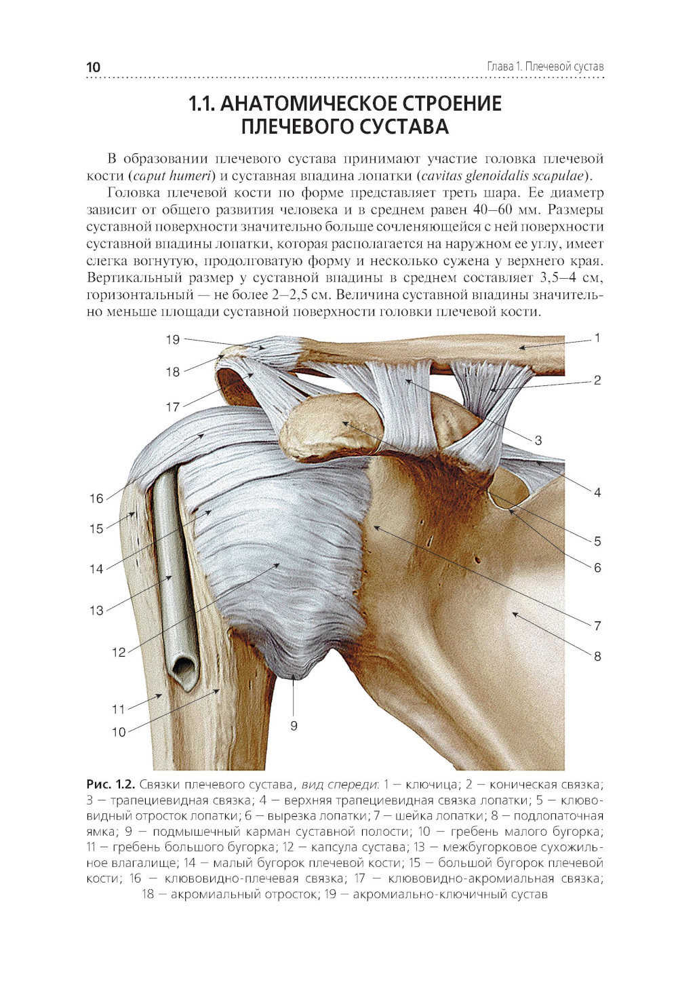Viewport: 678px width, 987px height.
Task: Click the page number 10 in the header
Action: click(x=94, y=66)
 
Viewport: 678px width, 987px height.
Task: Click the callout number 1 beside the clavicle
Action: click(x=597, y=338)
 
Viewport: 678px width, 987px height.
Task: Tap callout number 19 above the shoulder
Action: click(x=173, y=339)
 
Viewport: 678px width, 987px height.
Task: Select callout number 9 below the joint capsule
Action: click(x=294, y=726)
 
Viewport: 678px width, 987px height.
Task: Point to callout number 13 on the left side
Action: click(x=96, y=611)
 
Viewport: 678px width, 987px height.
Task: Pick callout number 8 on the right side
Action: click(x=597, y=656)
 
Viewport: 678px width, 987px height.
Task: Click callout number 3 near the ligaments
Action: click(x=538, y=440)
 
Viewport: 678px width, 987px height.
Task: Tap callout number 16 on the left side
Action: click(x=96, y=499)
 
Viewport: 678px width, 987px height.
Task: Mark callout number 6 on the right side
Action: click(x=597, y=568)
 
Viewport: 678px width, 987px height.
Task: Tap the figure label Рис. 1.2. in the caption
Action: click(x=111, y=785)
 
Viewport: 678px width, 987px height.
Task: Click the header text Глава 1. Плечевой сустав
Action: click(x=545, y=66)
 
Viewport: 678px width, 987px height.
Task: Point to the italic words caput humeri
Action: click(x=172, y=176)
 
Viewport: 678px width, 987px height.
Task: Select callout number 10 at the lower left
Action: click(x=119, y=732)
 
